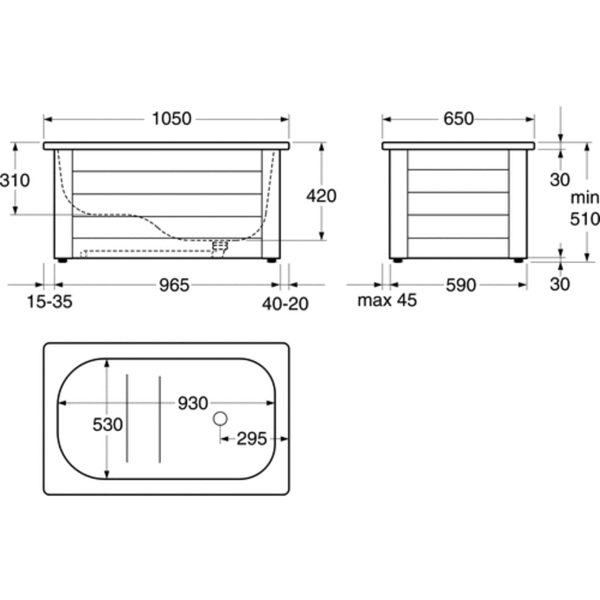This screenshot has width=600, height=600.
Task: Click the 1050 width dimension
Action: point(171,118)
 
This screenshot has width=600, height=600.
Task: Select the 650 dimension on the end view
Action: point(459,118)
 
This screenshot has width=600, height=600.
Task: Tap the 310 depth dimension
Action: point(15,180)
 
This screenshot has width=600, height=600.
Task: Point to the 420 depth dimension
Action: point(322,196)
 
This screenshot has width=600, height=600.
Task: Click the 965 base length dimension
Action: point(174,285)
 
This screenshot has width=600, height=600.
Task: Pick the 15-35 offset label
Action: point(49,301)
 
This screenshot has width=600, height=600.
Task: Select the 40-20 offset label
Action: point(285,304)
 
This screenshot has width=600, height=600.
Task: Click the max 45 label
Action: point(387,300)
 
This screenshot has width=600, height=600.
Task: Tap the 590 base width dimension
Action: point(461,286)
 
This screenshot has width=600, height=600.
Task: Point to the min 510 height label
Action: point(584,208)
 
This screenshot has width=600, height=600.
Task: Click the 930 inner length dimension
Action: point(193,403)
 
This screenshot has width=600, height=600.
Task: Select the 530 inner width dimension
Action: point(108,424)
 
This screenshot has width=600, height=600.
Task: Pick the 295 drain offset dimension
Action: point(251,439)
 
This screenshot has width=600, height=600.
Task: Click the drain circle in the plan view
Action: point(220,419)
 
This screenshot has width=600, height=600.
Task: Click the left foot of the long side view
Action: point(61,260)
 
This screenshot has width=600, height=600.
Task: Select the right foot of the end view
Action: point(518,260)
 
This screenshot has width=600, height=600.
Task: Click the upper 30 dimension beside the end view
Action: point(560,180)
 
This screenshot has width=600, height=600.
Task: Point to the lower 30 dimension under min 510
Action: point(560,284)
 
